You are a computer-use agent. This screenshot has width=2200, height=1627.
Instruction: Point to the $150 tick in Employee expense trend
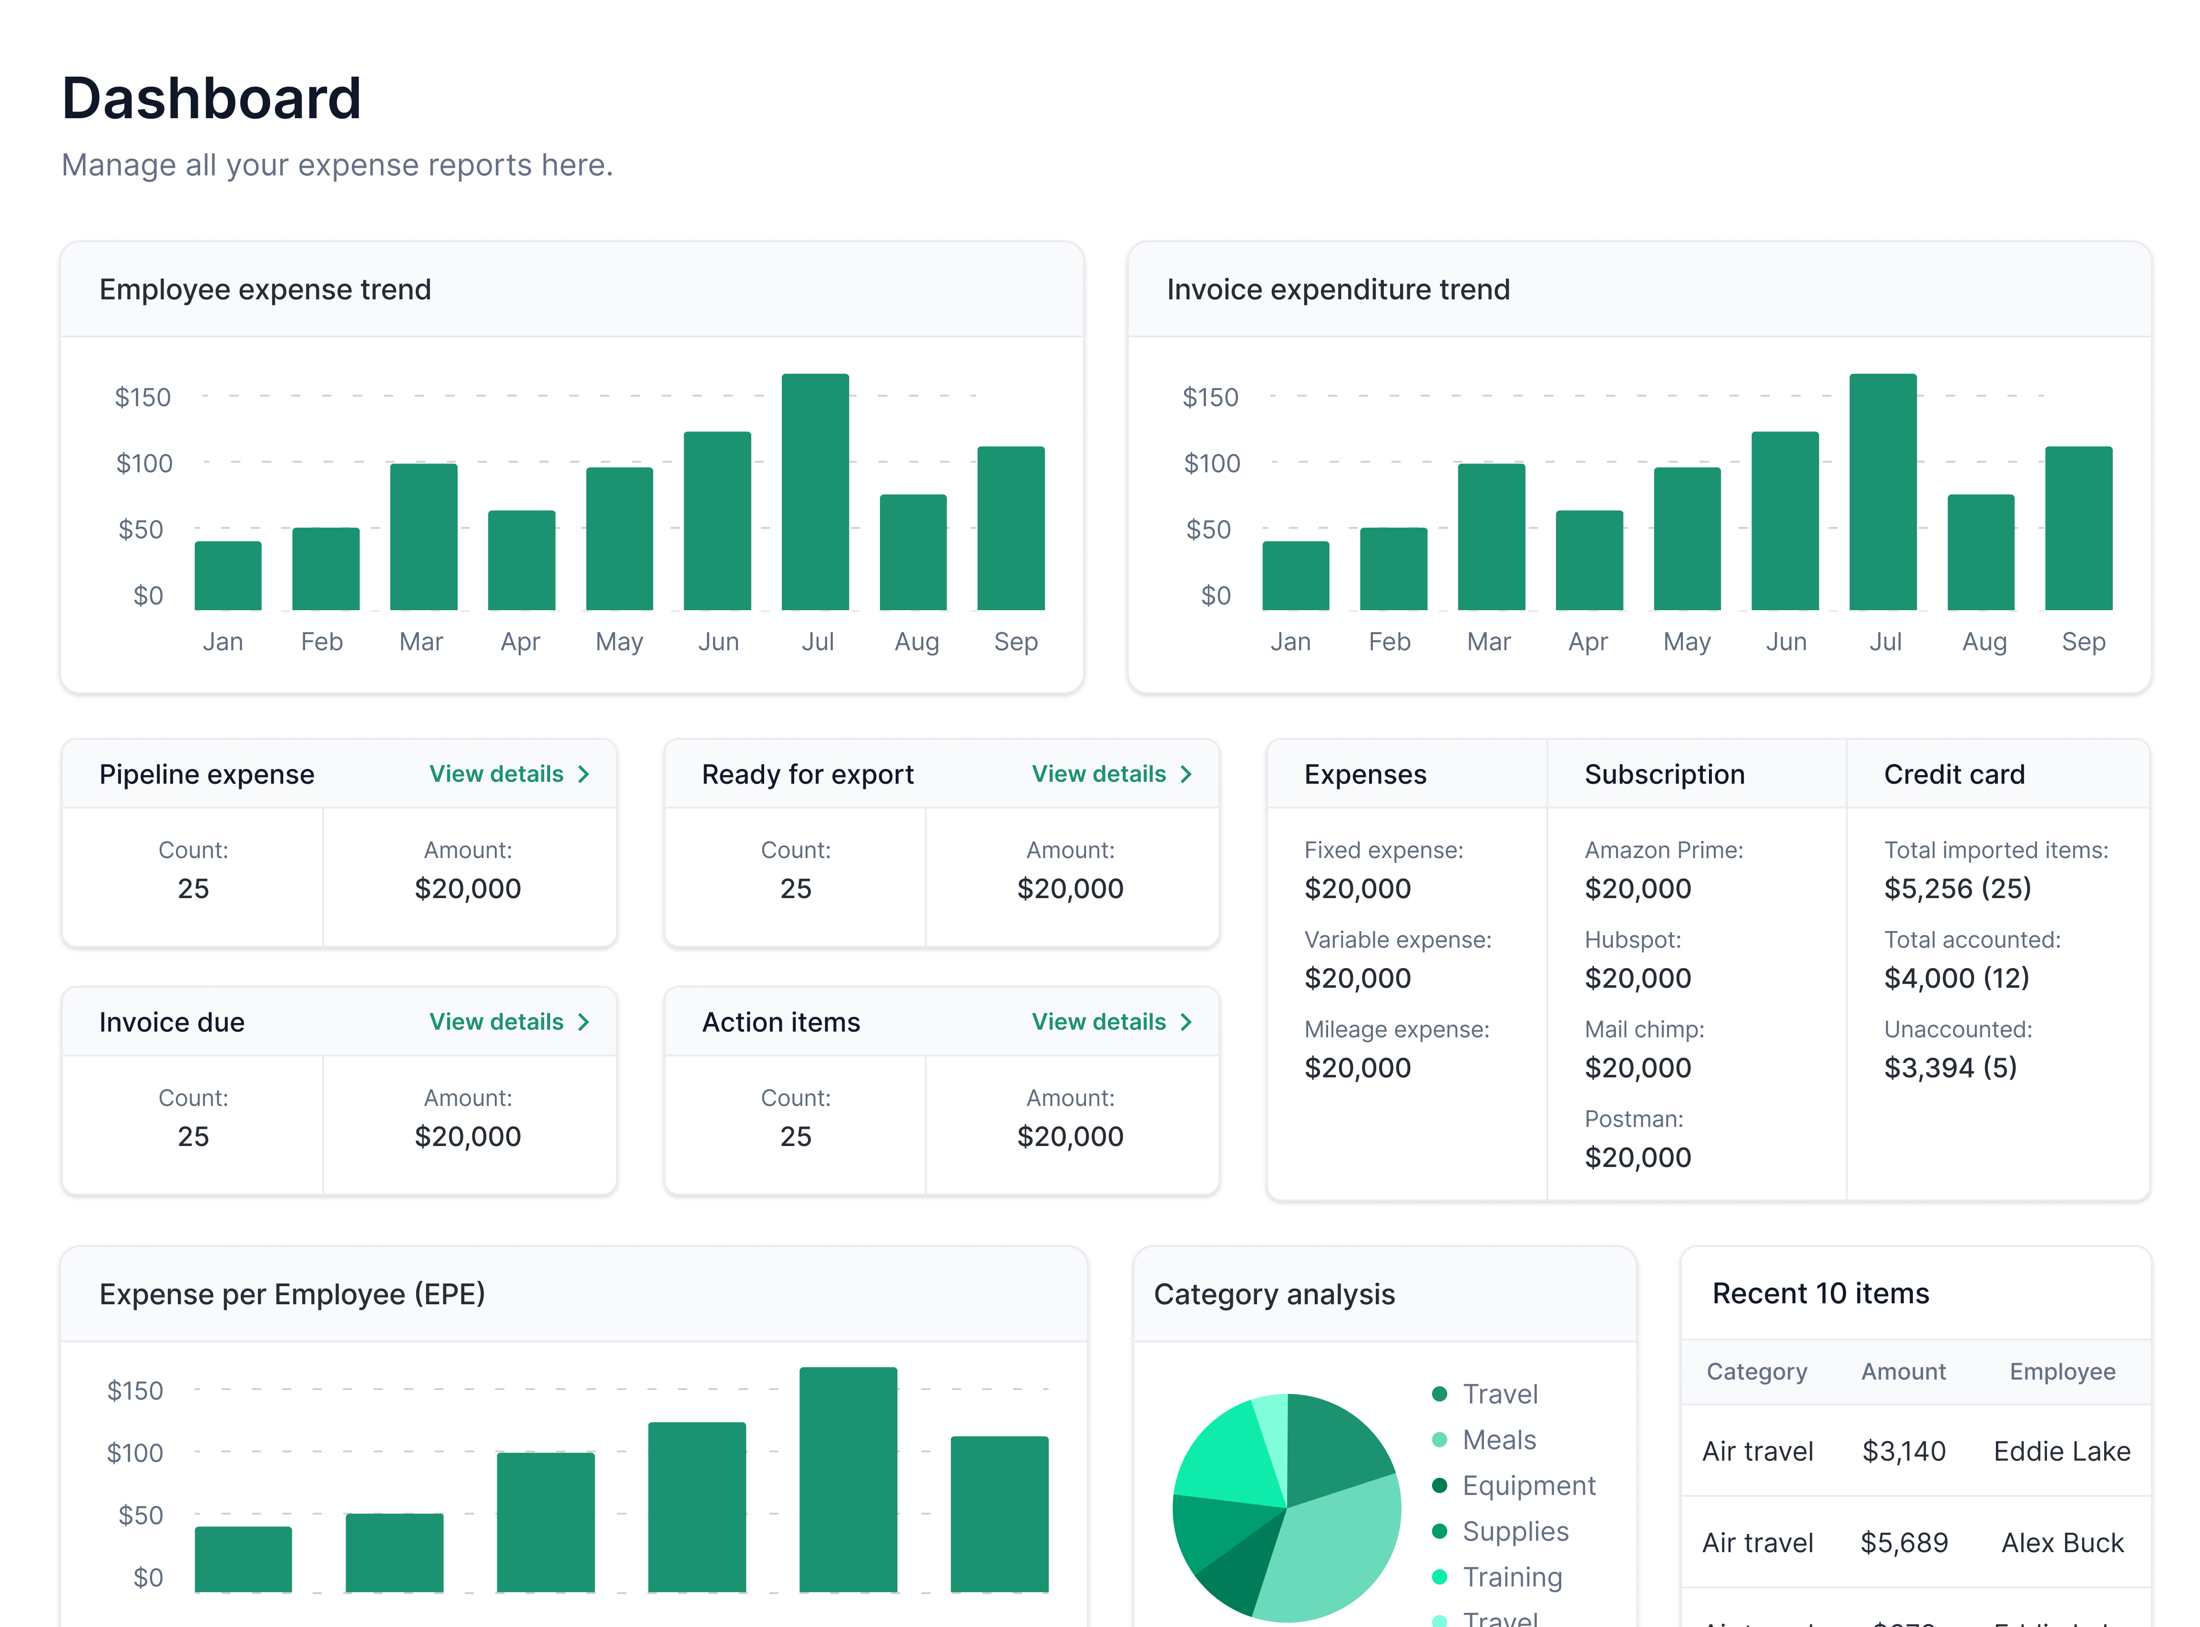(x=143, y=397)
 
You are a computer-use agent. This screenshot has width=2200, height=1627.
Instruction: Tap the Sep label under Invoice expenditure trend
(x=2083, y=642)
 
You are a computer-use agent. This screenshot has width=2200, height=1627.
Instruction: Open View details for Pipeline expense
(x=508, y=774)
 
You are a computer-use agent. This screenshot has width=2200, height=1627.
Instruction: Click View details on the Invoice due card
(x=508, y=1022)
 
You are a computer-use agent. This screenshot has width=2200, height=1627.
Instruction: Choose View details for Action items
(x=1111, y=1022)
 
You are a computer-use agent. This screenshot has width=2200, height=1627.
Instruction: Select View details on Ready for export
(x=1111, y=774)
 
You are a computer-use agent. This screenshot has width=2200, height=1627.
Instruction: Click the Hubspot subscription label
(x=1632, y=940)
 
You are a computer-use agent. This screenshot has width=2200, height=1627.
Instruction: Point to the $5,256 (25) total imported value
(x=1957, y=889)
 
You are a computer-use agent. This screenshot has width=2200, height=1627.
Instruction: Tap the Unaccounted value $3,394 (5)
(x=1950, y=1068)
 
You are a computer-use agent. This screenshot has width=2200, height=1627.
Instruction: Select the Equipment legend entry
(x=1527, y=1485)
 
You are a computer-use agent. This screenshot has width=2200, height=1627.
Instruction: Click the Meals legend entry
(x=1498, y=1440)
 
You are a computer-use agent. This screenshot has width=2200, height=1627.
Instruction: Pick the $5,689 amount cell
(x=1903, y=1542)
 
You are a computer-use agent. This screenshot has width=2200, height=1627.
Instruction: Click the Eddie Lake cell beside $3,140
(x=2061, y=1451)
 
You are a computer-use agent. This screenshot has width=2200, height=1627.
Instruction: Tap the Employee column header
(x=2061, y=1372)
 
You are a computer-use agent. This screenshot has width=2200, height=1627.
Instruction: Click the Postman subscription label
(x=1633, y=1119)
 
